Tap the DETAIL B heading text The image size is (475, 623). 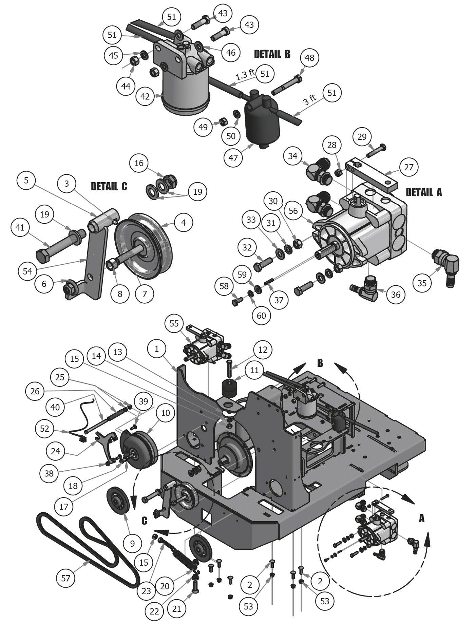click(272, 54)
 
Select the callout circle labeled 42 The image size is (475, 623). click(145, 97)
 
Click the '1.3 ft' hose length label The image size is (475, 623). click(245, 75)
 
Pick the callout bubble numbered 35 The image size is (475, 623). click(422, 283)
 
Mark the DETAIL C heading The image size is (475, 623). click(109, 186)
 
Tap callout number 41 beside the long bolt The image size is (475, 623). click(20, 227)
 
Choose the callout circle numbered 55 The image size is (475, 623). click(174, 323)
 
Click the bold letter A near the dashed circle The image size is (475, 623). click(422, 518)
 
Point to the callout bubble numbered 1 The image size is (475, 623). click(157, 349)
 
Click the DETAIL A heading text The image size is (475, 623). click(424, 192)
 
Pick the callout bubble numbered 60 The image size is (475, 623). click(261, 316)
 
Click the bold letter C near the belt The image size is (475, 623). click(144, 521)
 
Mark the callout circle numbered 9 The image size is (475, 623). click(132, 544)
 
